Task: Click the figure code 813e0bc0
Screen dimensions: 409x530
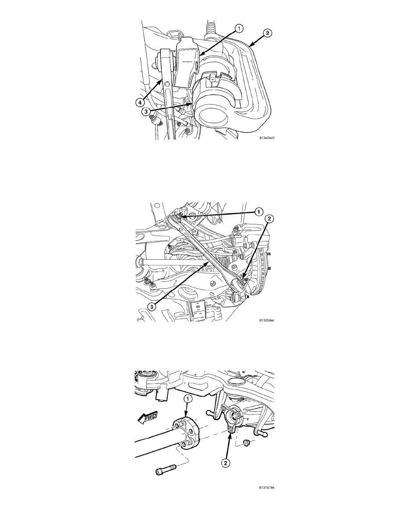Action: click(267, 138)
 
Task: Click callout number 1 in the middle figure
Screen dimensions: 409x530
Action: click(258, 212)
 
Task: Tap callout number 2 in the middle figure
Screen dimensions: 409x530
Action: click(269, 219)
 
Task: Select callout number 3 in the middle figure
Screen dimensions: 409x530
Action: click(152, 306)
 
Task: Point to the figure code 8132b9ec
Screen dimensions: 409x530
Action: click(267, 320)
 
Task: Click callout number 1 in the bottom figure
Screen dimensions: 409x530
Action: click(188, 399)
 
